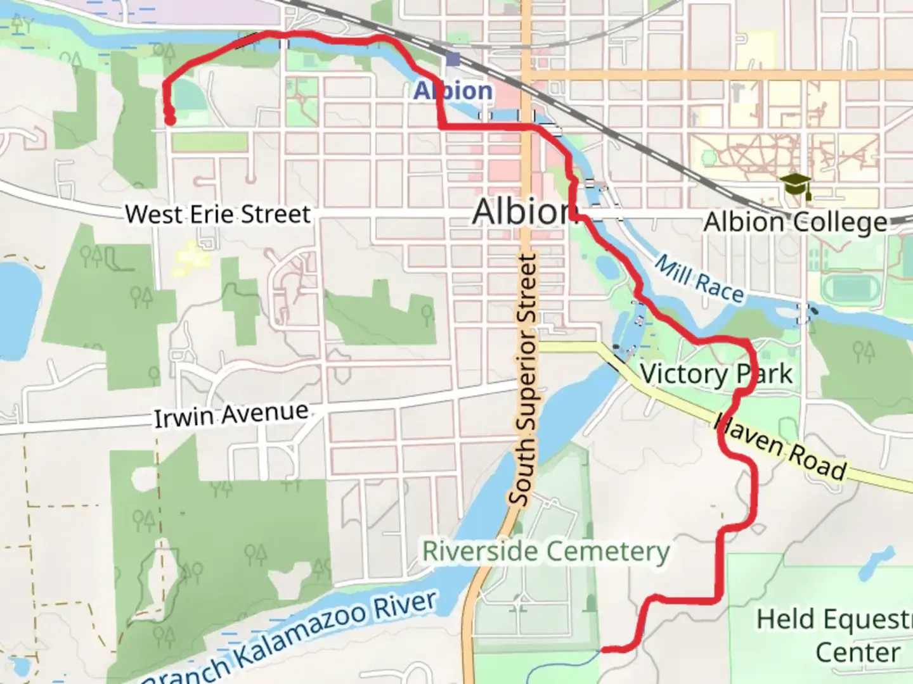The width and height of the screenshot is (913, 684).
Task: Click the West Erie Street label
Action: tap(217, 214)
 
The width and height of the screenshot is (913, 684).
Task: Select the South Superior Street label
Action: tap(526, 380)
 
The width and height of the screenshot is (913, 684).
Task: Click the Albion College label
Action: tap(795, 222)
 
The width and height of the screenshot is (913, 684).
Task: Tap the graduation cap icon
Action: tap(796, 185)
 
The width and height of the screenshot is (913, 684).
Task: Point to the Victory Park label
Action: tap(716, 374)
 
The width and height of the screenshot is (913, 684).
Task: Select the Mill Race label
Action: tap(699, 278)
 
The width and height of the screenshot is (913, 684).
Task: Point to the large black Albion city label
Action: tap(521, 211)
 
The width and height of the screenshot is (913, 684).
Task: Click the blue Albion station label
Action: tap(453, 91)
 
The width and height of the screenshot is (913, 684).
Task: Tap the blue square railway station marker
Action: tap(453, 60)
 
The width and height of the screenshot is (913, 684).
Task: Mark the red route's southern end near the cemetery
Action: tap(604, 649)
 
